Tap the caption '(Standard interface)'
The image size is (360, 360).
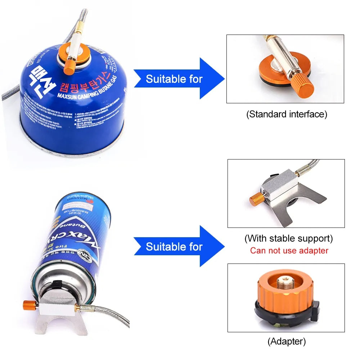coord(287,114)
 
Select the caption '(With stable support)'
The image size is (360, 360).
coord(288,238)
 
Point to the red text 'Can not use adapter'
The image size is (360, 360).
coord(289,251)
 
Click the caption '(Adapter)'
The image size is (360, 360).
coord(287,341)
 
